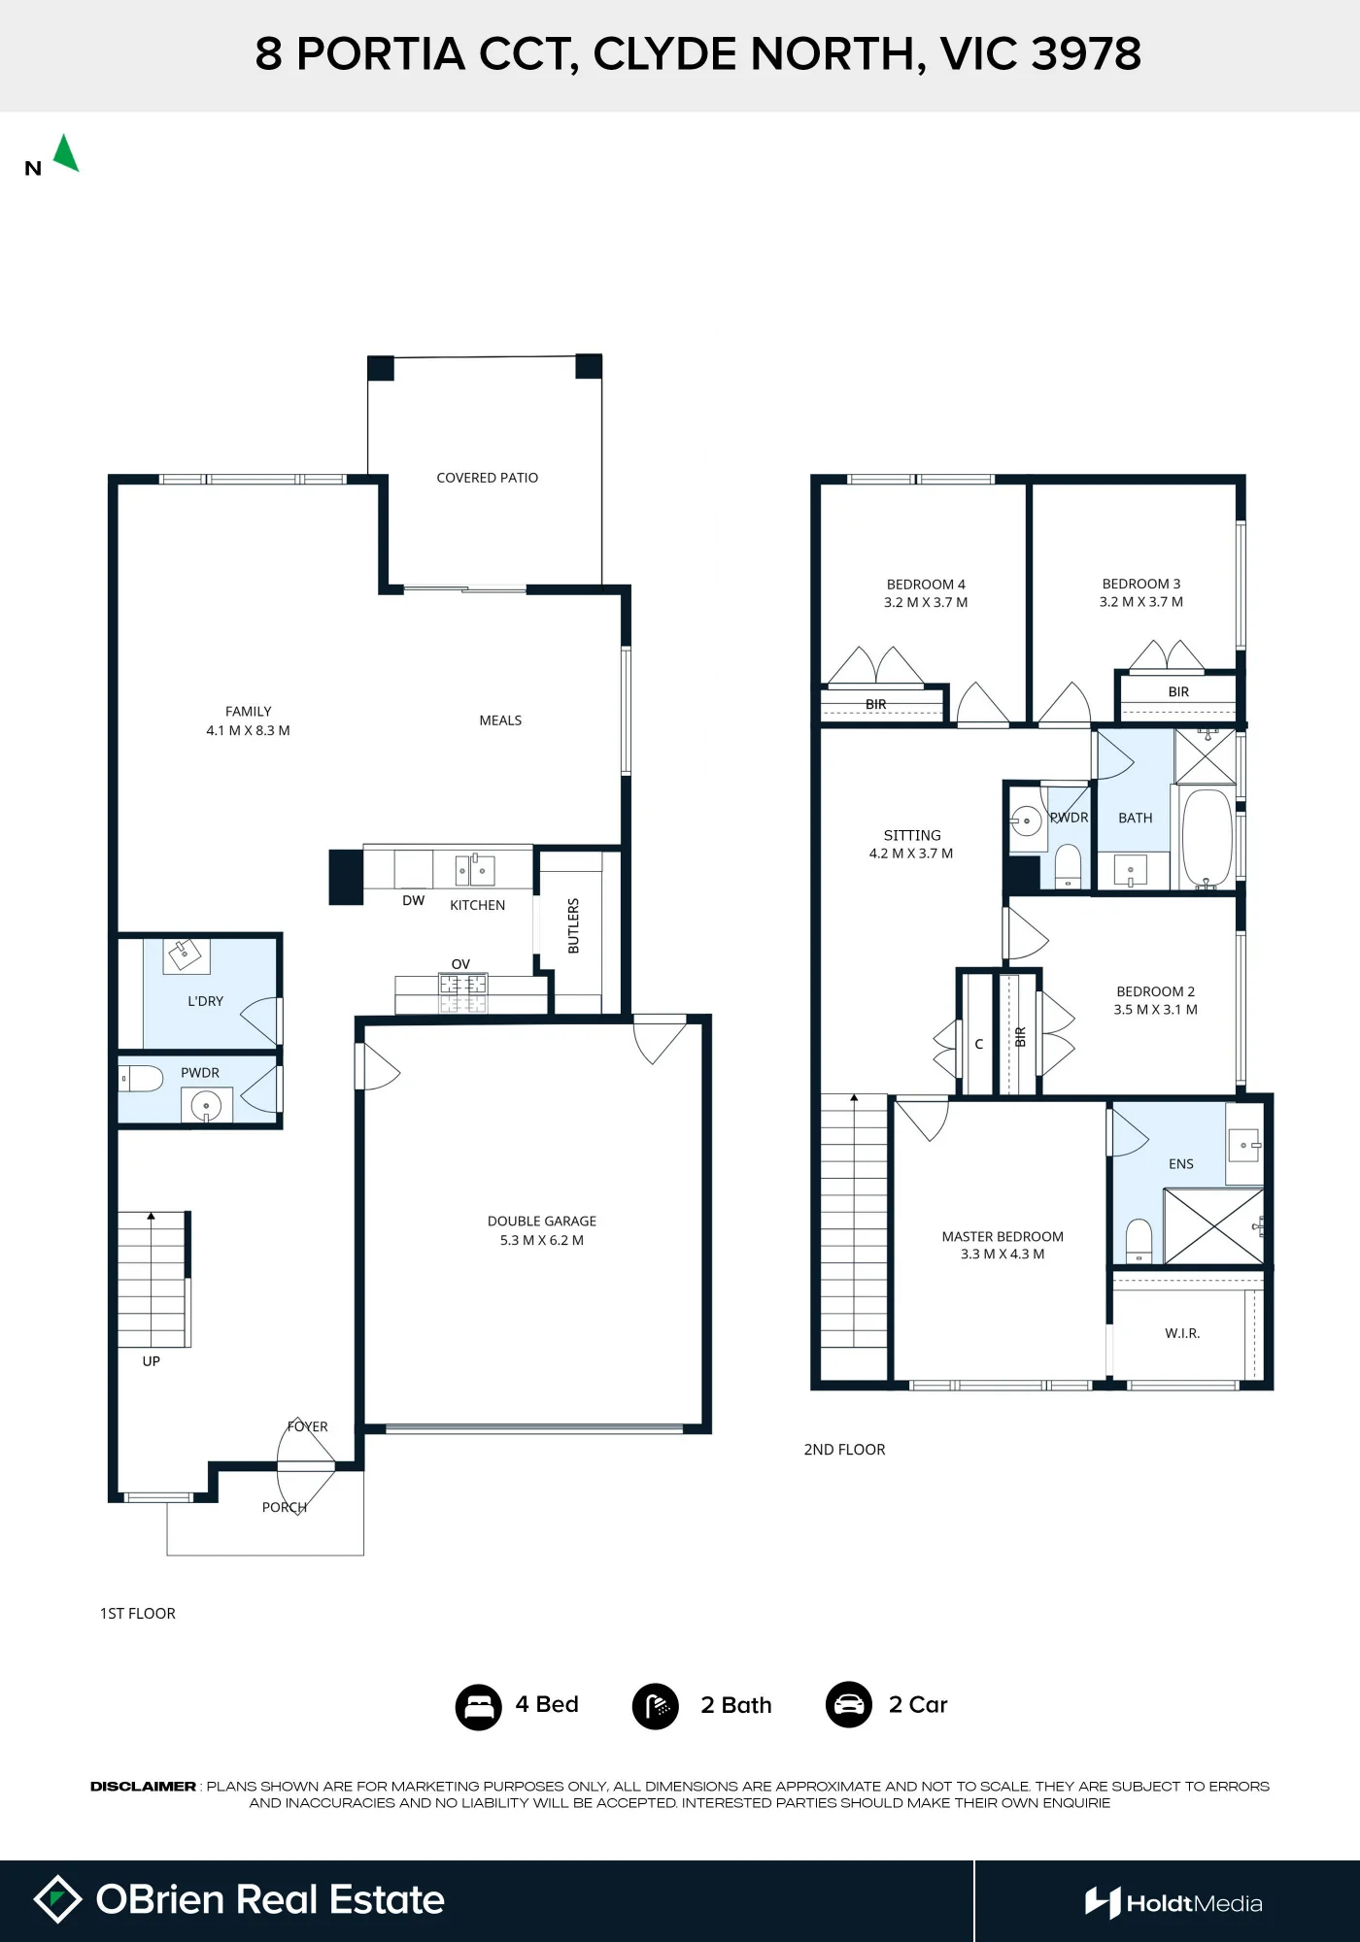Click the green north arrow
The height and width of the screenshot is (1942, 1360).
[66, 154]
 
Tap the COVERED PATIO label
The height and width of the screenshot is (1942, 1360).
[487, 478]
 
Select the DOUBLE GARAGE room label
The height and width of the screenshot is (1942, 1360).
[542, 1221]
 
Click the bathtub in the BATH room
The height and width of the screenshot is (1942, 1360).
[1207, 839]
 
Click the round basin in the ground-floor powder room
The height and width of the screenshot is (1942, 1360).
[206, 1106]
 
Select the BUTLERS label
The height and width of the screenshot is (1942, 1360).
[573, 925]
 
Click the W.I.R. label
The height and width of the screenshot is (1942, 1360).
[1182, 1333]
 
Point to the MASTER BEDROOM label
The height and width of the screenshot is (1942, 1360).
[1003, 1236]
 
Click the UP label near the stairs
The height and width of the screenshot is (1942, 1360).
[152, 1361]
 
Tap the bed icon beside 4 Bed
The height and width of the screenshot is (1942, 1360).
[479, 1706]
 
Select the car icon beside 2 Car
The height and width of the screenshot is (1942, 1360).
[849, 1705]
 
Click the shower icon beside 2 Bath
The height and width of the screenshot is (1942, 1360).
[656, 1706]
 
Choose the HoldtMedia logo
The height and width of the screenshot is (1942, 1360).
[1173, 1903]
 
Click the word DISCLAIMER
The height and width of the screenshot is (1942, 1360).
[143, 1787]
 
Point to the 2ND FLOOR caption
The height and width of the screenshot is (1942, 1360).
[844, 1450]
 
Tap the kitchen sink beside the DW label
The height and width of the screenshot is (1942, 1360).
[476, 870]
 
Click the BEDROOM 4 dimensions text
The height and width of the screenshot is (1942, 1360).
[926, 602]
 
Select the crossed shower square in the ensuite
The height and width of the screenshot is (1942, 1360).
[1214, 1226]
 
